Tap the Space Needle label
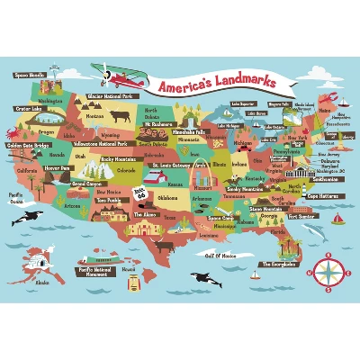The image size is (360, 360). (x=30, y=76)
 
